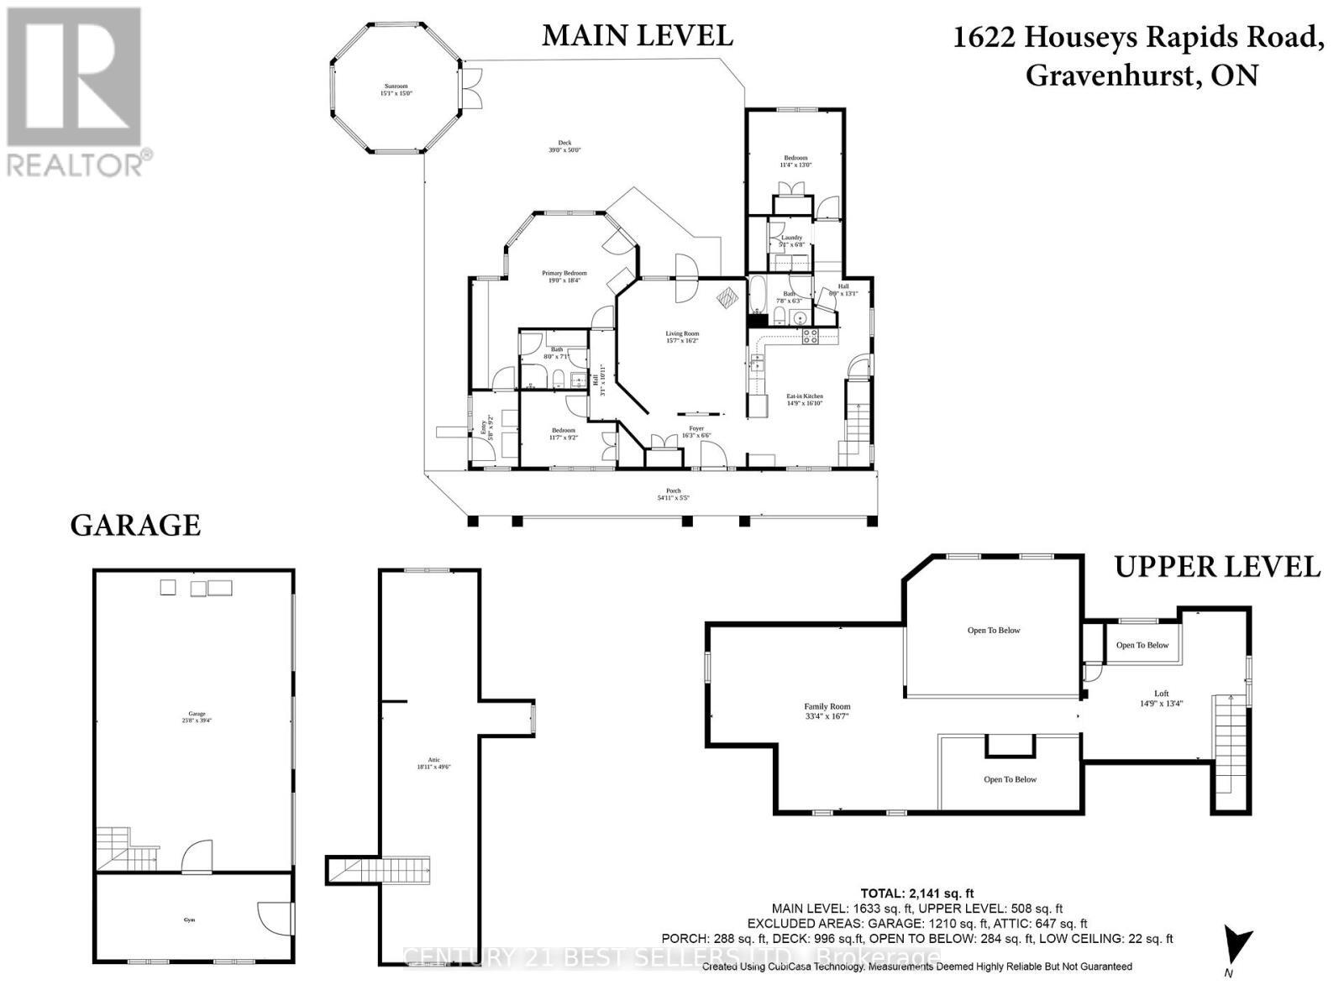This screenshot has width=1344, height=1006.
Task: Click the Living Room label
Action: tap(682, 337)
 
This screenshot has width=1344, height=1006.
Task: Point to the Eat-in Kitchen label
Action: tap(804, 400)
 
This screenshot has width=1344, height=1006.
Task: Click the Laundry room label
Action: tap(791, 241)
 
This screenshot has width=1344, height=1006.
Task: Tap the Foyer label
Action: tap(696, 432)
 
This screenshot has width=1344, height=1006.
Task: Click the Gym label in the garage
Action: tap(189, 920)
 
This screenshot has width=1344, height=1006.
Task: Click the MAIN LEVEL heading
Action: tap(637, 35)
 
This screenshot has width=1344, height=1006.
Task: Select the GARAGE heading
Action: tap(135, 526)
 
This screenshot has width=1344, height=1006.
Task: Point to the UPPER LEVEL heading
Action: tap(1217, 567)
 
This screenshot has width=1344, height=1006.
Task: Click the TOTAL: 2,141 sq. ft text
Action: tap(916, 893)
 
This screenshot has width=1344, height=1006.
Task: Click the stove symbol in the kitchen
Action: tap(811, 337)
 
